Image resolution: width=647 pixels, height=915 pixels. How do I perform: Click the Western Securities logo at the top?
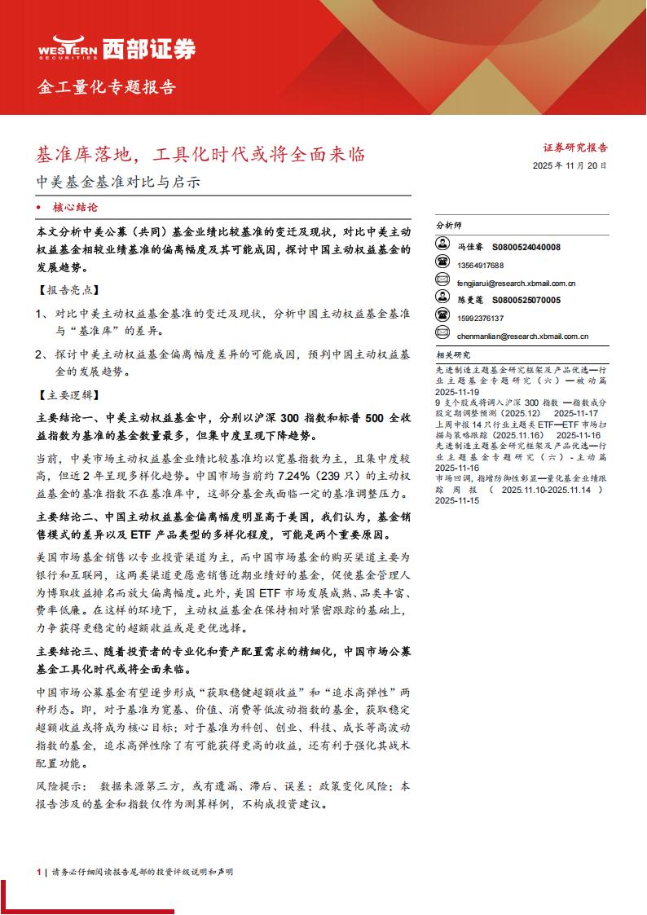tap(117, 49)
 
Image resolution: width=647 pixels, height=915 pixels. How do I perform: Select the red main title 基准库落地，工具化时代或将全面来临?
tap(201, 154)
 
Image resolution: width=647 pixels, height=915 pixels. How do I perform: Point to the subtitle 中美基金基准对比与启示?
tap(119, 183)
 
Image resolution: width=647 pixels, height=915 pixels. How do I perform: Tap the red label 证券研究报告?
tap(575, 148)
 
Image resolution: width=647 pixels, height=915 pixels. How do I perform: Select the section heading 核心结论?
tap(75, 208)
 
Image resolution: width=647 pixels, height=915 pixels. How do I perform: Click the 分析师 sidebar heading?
tap(448, 225)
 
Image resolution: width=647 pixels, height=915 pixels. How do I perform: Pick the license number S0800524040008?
tap(526, 247)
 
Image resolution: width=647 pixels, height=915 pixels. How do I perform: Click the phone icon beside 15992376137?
tap(443, 317)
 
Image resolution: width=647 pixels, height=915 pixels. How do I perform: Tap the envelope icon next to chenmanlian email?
tap(443, 335)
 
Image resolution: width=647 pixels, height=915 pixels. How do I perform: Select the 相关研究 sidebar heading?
tap(453, 355)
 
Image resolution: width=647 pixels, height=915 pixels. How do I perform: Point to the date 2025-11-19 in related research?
tap(459, 391)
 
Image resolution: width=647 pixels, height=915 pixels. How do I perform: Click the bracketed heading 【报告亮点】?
tap(68, 290)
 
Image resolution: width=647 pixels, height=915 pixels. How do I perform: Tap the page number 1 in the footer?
tap(38, 872)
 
